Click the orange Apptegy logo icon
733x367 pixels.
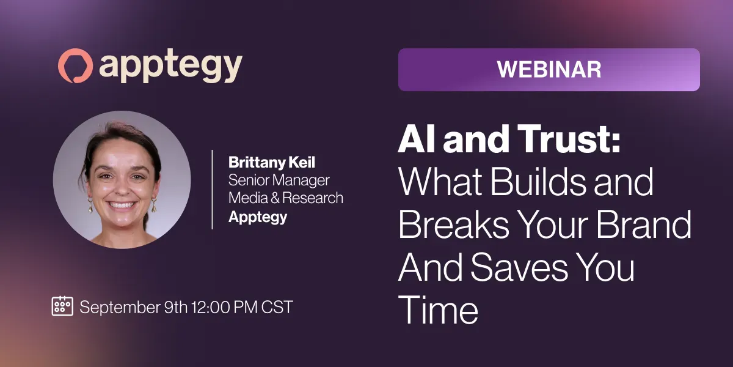(x=75, y=65)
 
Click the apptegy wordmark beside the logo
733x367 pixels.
(x=170, y=67)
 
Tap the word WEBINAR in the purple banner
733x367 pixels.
(x=549, y=70)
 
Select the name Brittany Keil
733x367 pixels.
(x=272, y=163)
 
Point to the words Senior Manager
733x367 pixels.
(x=279, y=180)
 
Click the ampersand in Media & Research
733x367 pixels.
(x=275, y=198)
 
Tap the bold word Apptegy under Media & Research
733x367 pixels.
(x=258, y=217)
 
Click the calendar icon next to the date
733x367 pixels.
(x=62, y=306)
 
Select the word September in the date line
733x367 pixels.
(x=120, y=308)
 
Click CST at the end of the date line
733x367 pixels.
(x=277, y=307)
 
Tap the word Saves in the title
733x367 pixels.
(x=519, y=267)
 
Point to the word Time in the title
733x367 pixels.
(x=438, y=310)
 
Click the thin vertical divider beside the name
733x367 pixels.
(x=213, y=190)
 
